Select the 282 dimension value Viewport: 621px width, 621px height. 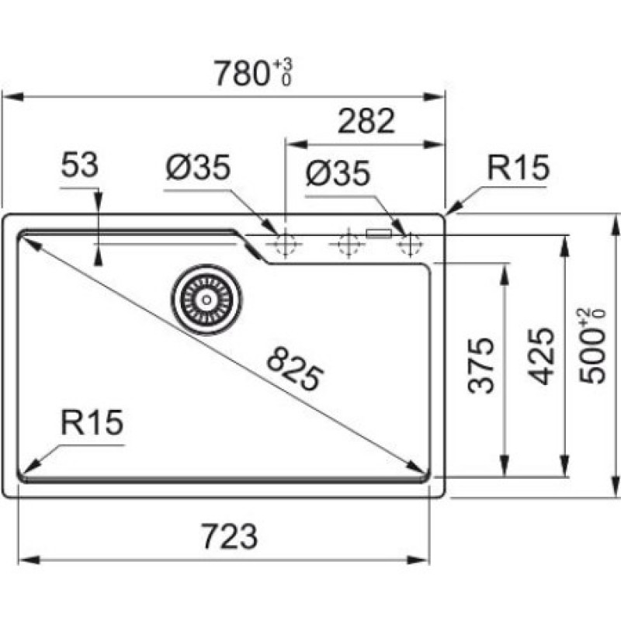[x=366, y=121]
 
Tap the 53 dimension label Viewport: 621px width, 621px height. [x=80, y=165]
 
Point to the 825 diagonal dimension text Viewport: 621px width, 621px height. [x=295, y=368]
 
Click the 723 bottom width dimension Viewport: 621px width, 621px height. [x=230, y=536]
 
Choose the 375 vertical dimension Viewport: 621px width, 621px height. [x=480, y=365]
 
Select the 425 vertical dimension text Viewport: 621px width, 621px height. [x=541, y=356]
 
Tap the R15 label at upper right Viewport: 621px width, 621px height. [x=518, y=168]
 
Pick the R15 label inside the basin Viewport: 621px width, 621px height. [x=92, y=422]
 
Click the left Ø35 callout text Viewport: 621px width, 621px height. [x=198, y=167]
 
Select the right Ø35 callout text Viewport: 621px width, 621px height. [x=338, y=172]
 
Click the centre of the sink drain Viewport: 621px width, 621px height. [x=206, y=300]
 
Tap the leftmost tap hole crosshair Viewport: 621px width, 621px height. [x=285, y=245]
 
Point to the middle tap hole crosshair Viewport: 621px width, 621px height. [x=348, y=244]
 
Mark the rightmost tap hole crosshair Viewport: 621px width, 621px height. [x=411, y=244]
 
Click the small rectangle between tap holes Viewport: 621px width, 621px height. [x=379, y=234]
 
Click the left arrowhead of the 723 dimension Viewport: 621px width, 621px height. [x=29, y=560]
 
